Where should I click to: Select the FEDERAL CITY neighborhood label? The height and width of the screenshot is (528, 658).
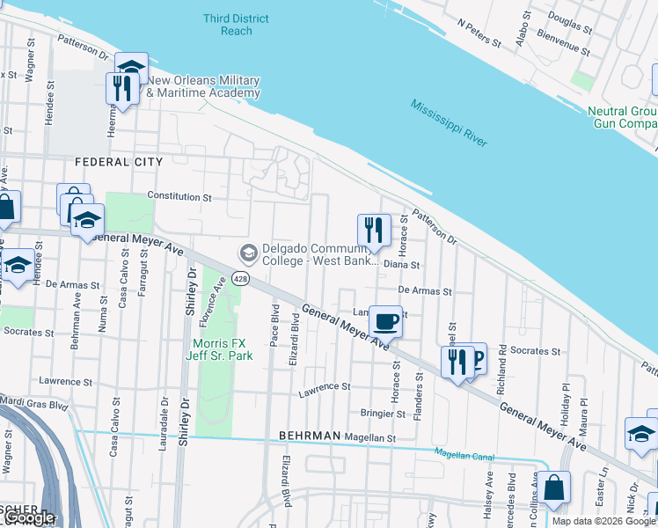point(119,162)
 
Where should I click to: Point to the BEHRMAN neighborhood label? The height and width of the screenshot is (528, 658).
point(309,436)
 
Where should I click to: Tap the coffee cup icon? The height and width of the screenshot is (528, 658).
point(385,321)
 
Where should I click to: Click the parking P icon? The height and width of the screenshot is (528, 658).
point(476,358)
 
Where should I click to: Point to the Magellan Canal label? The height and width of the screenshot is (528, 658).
point(464,455)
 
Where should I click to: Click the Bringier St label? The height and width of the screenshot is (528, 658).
point(382,413)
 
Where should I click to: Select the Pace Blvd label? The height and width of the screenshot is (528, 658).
point(274,326)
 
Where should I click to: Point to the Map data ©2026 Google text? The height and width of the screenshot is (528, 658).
point(603,521)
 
